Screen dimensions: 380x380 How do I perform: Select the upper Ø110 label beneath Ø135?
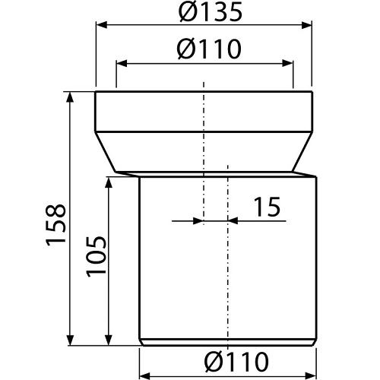point(203,49)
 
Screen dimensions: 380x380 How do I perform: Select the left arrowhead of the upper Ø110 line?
point(120,64)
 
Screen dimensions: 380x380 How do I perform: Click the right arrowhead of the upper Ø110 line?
point(289,64)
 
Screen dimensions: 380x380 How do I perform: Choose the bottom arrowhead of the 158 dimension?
point(70,343)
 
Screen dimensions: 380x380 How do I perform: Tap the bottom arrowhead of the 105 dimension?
point(110,343)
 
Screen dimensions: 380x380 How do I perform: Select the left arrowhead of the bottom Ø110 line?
point(144,374)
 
